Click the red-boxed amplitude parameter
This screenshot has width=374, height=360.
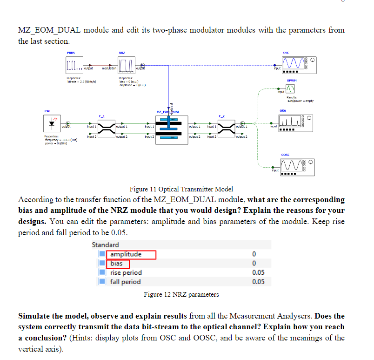(126, 254)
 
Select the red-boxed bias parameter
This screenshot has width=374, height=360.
(116, 264)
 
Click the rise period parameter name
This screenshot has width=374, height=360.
(126, 272)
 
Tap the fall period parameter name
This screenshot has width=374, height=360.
(125, 281)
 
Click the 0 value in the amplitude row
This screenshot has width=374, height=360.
(254, 254)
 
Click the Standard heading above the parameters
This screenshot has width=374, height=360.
(105, 245)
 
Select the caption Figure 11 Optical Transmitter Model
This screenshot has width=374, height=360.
(181, 189)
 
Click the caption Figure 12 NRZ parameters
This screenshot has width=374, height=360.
(181, 294)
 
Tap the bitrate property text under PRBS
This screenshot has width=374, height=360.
(82, 82)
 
